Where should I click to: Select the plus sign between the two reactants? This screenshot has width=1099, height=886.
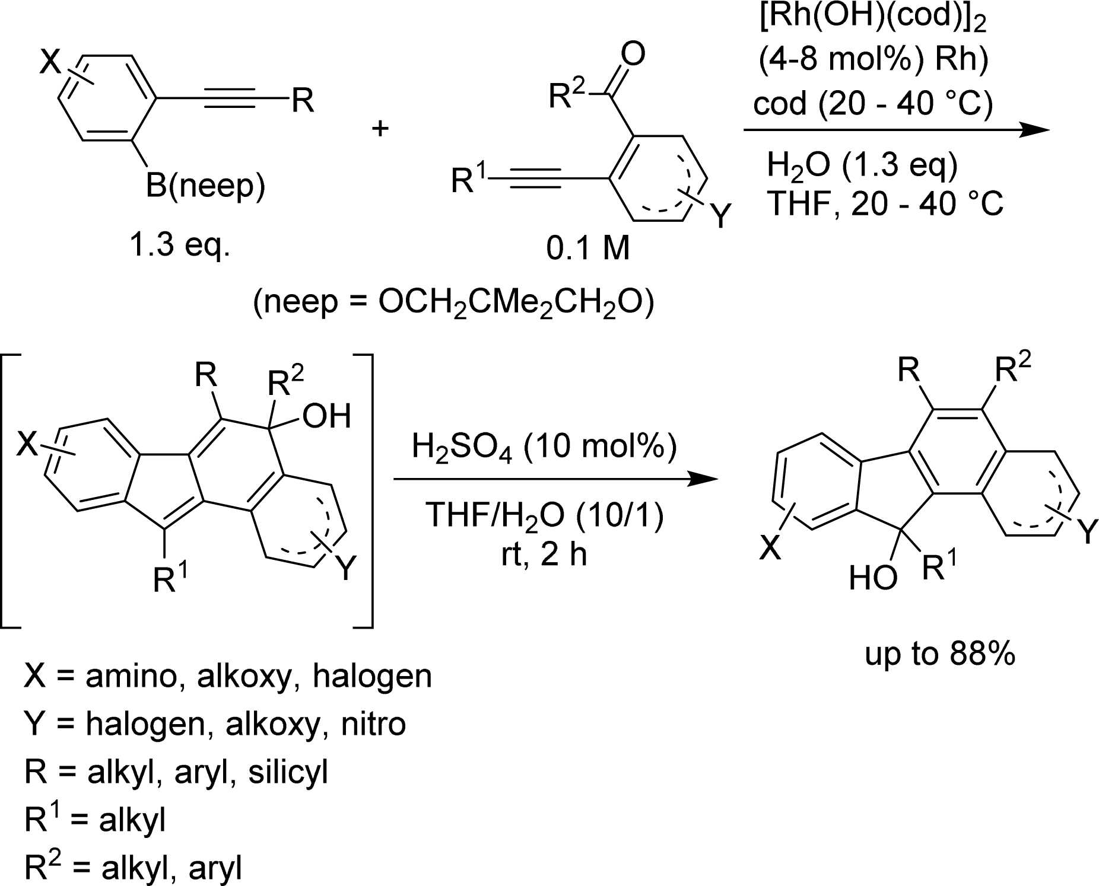380,128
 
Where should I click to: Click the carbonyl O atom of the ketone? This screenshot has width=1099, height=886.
633,54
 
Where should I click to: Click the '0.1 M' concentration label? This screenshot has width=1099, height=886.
587,249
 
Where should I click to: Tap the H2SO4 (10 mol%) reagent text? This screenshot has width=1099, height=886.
544,447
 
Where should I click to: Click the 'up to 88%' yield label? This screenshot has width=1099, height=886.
940,654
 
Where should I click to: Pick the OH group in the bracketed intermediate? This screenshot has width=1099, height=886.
326,416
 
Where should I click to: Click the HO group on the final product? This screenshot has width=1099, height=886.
872,578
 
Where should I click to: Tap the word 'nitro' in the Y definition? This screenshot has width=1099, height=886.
373,724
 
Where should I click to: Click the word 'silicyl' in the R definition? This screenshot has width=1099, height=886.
288,773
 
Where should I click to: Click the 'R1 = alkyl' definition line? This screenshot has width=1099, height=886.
95,820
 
